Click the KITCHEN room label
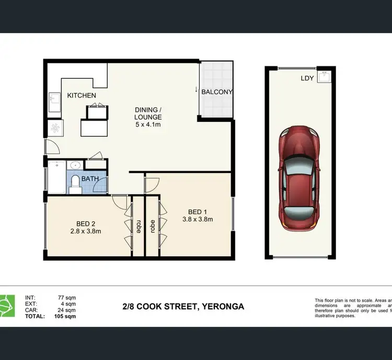82,95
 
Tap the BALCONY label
217,92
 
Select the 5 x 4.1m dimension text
148,125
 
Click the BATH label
90,179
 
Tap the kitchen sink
54,102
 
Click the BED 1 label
195,212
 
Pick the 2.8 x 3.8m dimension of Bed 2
86,231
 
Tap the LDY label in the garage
307,79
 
